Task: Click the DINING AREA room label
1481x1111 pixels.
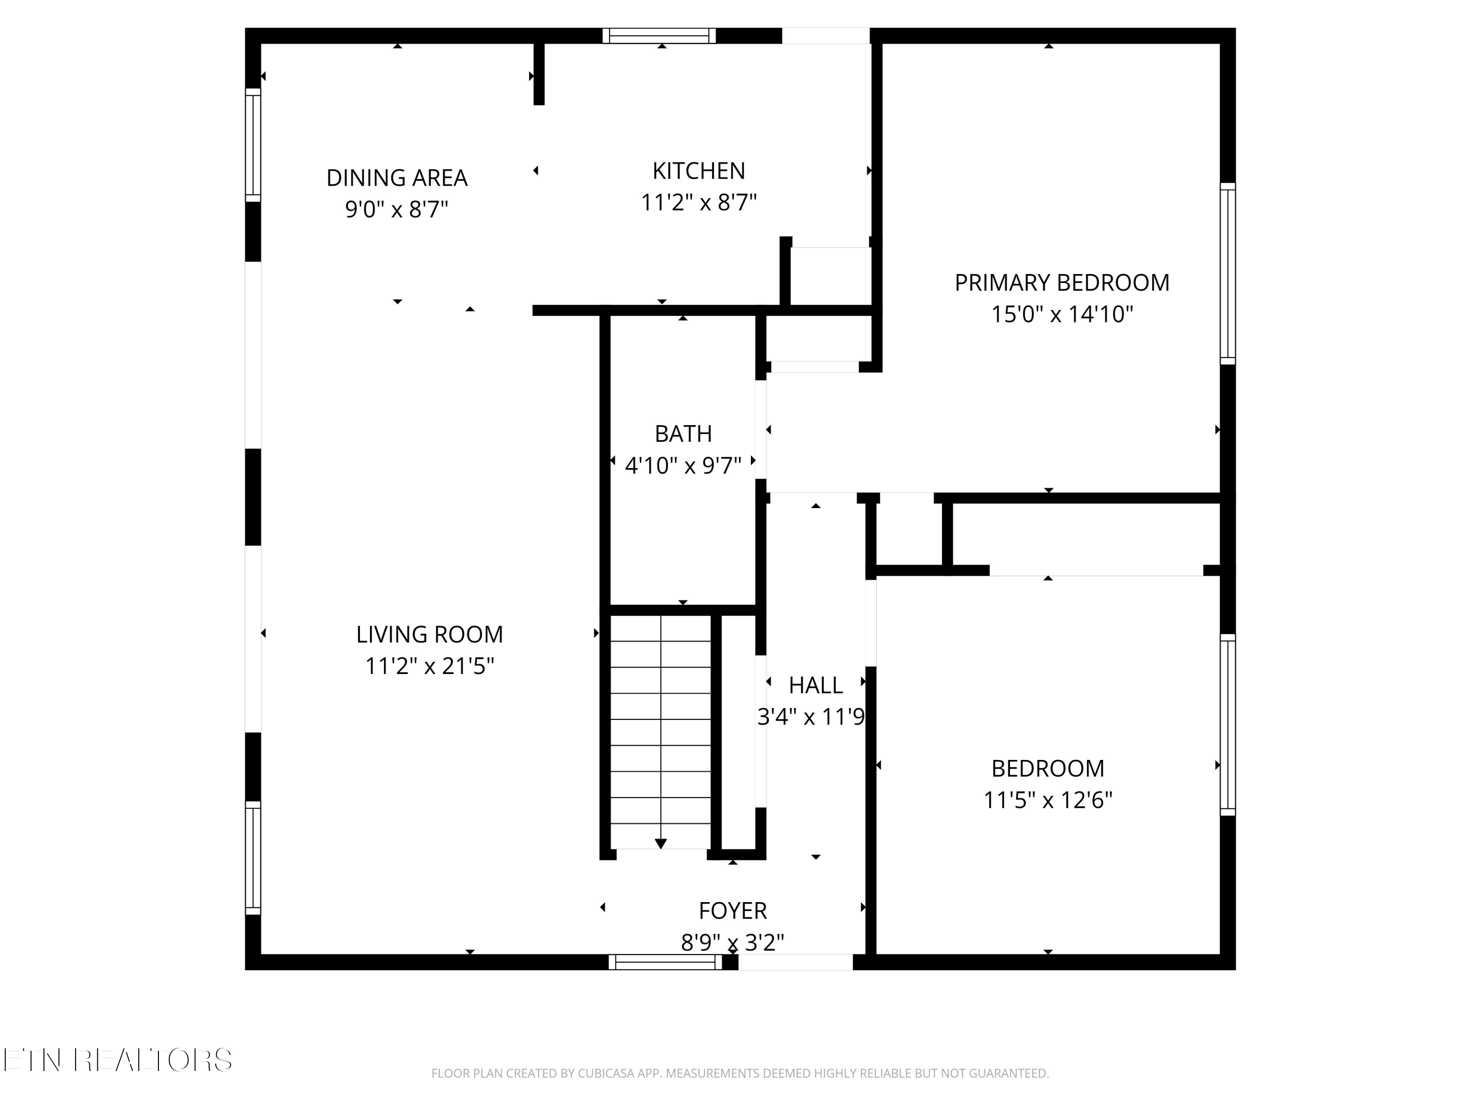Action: (397, 178)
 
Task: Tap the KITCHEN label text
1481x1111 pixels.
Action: (699, 171)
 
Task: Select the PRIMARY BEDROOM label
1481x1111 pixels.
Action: (1062, 283)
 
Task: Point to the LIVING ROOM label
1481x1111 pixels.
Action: (429, 634)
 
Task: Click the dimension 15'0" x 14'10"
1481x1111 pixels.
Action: (1062, 314)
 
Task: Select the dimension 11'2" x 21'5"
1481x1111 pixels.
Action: (429, 666)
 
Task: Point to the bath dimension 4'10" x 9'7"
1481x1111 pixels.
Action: (683, 466)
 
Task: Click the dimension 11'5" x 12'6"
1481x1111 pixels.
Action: (1048, 800)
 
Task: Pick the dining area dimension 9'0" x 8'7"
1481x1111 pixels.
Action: (396, 210)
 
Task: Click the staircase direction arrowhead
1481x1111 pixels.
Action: (661, 844)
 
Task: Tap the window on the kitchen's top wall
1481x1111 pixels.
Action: (659, 36)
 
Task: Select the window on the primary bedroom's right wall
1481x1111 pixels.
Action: (1227, 273)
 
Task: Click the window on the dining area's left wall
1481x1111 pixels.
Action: (252, 145)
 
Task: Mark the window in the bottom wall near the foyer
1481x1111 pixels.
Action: (665, 962)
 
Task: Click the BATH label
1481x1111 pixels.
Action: (683, 434)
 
